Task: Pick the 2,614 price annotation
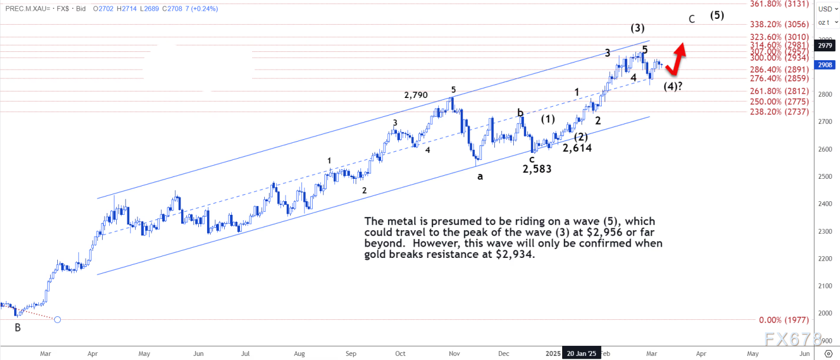click(577, 148)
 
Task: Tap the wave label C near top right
click(693, 19)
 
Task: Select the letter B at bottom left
click(18, 327)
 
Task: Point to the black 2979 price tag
click(825, 45)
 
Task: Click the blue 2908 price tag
click(825, 65)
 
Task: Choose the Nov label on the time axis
click(454, 353)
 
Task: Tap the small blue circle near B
click(57, 320)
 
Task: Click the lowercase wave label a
click(480, 176)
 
